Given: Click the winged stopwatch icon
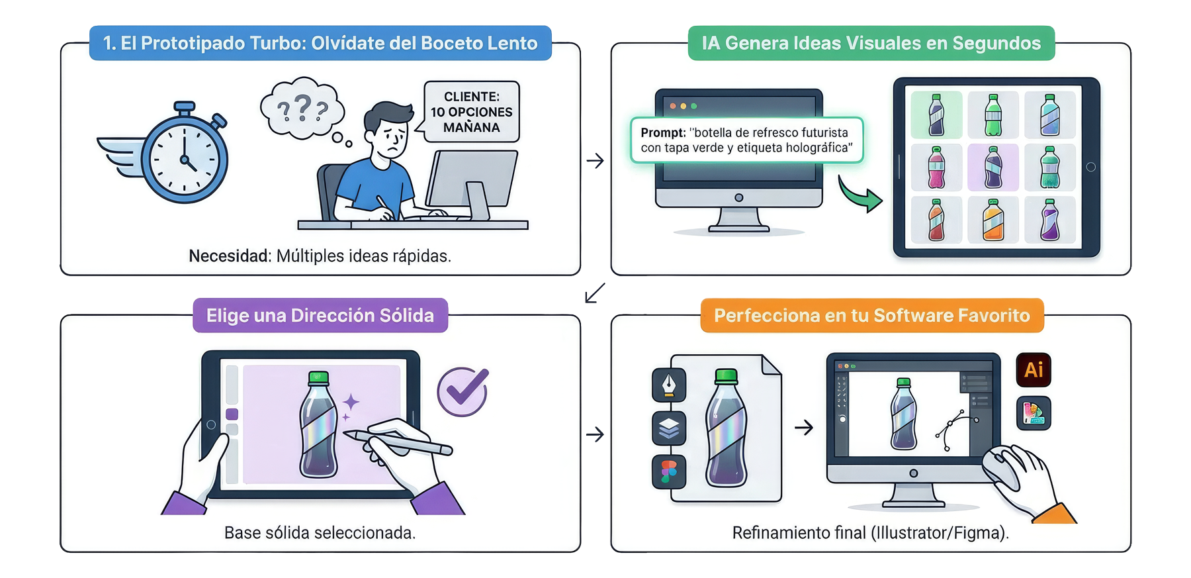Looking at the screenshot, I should [179, 156].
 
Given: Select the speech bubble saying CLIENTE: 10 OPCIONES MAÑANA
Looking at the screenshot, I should [471, 111].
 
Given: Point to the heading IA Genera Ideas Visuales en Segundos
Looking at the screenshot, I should [871, 43].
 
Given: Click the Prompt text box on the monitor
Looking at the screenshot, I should [746, 140].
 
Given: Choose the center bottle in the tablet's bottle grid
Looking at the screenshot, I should [993, 168].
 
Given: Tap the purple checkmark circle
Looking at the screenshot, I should [463, 391].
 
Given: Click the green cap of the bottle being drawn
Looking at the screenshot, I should [319, 378].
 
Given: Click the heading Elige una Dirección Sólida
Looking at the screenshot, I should [320, 315].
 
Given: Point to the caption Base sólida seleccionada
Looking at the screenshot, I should [320, 533].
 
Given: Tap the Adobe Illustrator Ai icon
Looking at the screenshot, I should [1034, 369].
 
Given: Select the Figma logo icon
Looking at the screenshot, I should [669, 472].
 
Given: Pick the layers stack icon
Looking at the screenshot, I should [669, 428].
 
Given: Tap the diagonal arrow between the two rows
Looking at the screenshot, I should [595, 293].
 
